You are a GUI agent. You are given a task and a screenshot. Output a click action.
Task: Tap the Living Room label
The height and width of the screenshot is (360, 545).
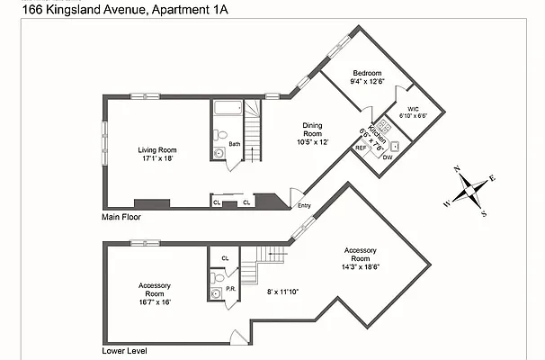click(156, 149)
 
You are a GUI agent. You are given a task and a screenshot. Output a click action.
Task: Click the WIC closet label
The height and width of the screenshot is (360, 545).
click(413, 108)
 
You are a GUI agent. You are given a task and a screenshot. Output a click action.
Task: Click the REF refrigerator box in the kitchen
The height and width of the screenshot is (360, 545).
click(361, 148)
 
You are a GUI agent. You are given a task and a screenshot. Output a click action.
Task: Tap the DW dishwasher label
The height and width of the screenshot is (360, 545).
click(388, 157)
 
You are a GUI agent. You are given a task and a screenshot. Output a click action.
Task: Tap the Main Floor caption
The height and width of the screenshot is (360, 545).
click(121, 217)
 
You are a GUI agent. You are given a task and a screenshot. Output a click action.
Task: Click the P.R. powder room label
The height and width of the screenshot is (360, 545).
click(230, 289)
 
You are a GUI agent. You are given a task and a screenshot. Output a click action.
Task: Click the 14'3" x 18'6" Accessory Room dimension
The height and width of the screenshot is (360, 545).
click(360, 267)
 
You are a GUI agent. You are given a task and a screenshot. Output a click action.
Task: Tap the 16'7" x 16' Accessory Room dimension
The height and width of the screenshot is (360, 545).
click(154, 302)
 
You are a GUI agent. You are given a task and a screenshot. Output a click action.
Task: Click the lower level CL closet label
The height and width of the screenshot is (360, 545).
click(225, 258)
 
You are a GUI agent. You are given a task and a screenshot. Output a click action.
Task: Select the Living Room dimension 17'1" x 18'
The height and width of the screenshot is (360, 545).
click(156, 158)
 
